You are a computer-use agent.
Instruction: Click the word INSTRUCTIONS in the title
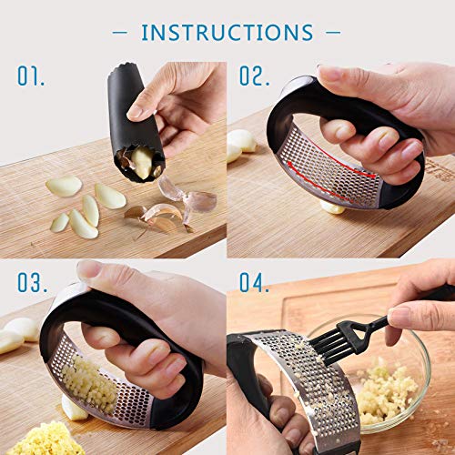coord(227,33)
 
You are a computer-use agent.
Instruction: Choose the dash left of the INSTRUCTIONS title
coord(119,33)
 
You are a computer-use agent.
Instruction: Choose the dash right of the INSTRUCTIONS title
coord(333,33)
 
